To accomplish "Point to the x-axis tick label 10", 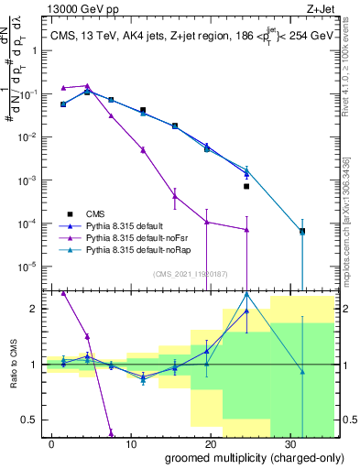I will click(131, 442).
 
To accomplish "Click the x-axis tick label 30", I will click(290, 442).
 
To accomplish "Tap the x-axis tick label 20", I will click(211, 442).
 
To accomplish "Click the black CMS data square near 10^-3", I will click(246, 186).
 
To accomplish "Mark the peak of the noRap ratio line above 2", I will click(246, 293).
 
